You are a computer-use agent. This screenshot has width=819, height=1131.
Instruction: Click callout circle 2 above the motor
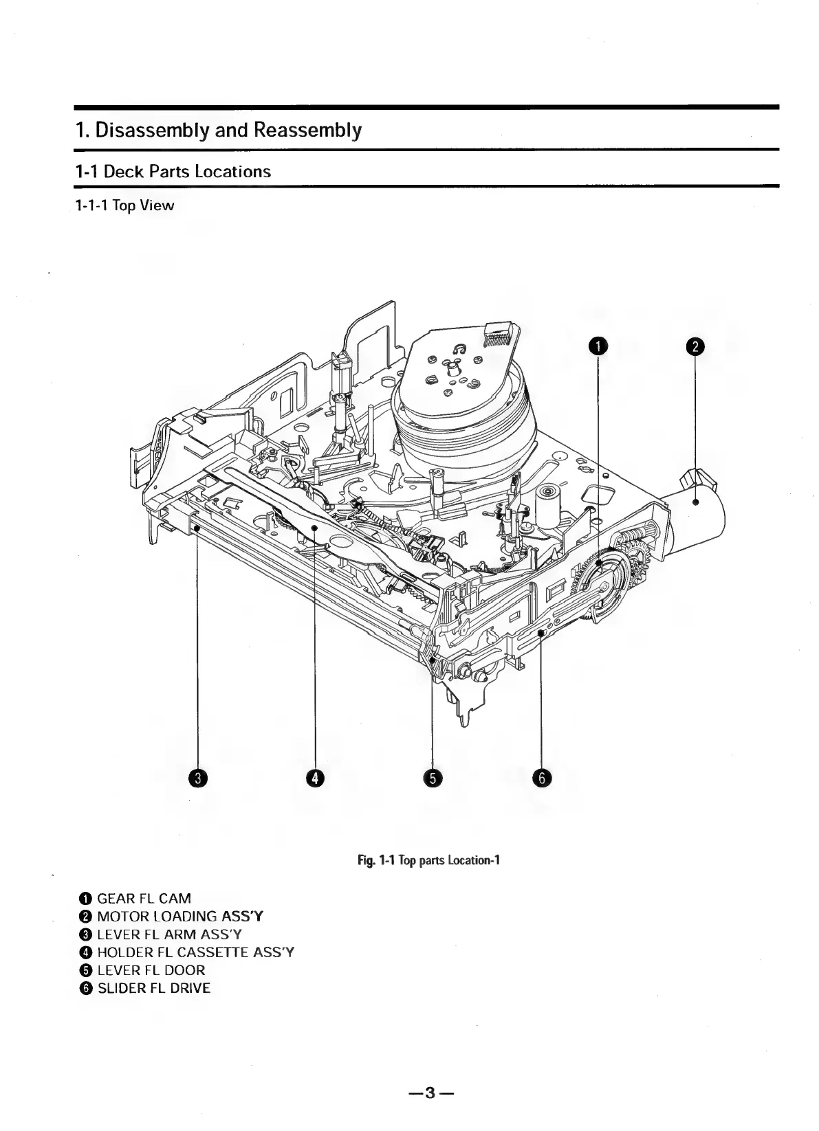(696, 346)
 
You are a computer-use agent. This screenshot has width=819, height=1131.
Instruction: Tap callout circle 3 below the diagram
(198, 778)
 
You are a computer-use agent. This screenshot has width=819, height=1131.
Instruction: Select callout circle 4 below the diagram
(315, 778)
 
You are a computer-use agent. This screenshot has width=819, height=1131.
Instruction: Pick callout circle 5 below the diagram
(433, 778)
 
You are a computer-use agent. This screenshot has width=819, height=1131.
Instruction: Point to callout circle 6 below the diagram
(542, 778)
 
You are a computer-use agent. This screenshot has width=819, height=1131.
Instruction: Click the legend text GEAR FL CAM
(144, 898)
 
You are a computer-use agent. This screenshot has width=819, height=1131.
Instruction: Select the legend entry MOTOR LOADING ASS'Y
(179, 916)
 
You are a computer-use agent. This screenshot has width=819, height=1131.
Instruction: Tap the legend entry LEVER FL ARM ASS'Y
(169, 934)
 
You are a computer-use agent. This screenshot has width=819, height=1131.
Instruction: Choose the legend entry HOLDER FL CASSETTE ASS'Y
(195, 952)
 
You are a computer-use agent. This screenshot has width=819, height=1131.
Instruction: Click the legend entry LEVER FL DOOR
(151, 970)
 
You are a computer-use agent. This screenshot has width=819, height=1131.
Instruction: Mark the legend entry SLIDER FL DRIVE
(153, 988)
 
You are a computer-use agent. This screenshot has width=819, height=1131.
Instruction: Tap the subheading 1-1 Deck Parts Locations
(173, 171)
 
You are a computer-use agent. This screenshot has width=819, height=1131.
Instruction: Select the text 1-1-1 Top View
(124, 205)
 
